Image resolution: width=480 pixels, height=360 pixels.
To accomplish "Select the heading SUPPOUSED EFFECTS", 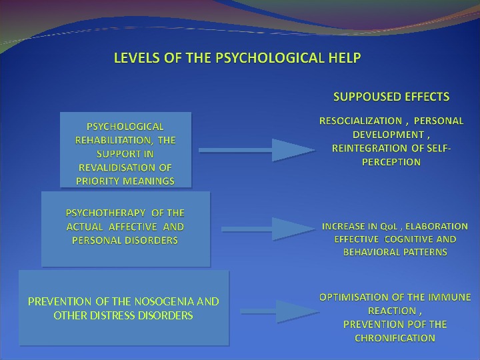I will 391,97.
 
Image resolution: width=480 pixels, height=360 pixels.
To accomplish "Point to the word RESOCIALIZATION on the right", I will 361,121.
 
